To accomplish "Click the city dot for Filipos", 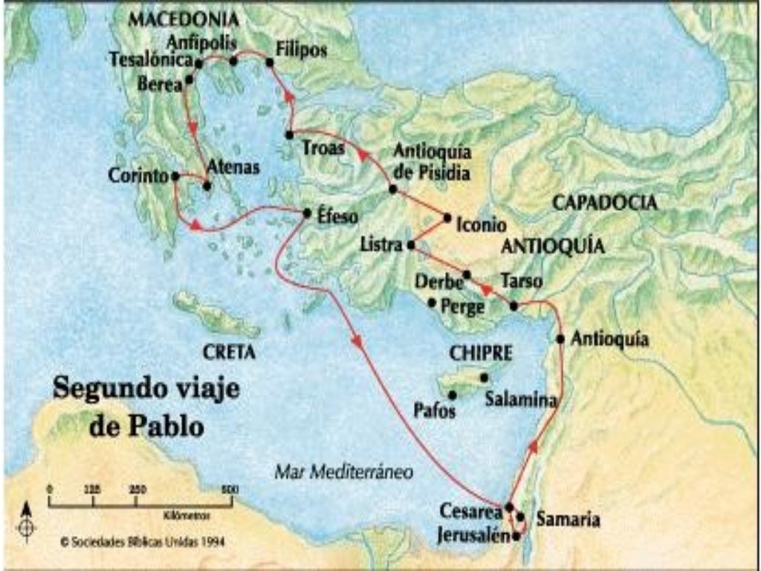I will pyautogui.click(x=270, y=62).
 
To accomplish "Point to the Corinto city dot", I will pyautogui.click(x=175, y=176).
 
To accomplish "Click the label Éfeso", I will pyautogui.click(x=338, y=216).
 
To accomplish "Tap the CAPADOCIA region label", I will pyautogui.click(x=604, y=202).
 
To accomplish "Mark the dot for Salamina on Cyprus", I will pyautogui.click(x=484, y=378).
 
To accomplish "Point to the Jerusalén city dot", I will pyautogui.click(x=516, y=535).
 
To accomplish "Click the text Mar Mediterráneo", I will pyautogui.click(x=343, y=471).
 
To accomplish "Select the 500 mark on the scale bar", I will pyautogui.click(x=230, y=489).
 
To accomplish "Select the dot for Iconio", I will pyautogui.click(x=447, y=218).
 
